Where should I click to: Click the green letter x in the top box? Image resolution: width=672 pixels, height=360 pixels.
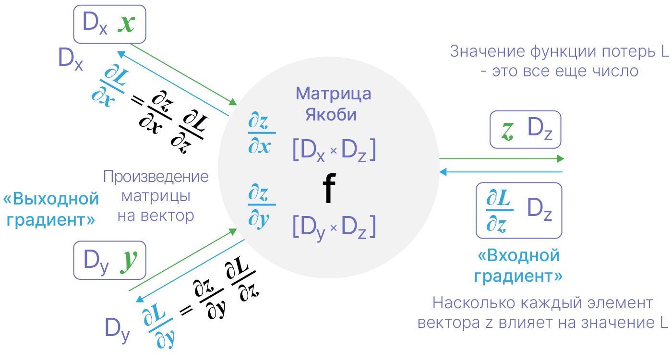click(126, 24)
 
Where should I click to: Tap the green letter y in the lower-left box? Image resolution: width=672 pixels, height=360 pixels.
click(129, 261)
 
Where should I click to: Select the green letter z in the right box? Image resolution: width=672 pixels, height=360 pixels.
click(508, 132)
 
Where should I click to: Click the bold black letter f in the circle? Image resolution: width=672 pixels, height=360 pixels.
click(329, 188)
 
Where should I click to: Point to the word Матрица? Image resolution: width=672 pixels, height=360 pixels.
click(333, 94)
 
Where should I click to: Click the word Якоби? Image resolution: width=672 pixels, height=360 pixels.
click(331, 115)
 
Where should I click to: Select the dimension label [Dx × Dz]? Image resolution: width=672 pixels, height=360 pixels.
click(334, 150)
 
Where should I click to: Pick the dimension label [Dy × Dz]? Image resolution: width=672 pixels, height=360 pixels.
click(334, 228)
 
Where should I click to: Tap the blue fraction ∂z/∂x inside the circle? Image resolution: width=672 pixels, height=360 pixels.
click(262, 132)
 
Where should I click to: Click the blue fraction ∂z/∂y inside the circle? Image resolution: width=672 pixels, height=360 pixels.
click(262, 205)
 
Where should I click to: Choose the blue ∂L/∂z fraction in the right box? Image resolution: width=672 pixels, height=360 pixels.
click(500, 211)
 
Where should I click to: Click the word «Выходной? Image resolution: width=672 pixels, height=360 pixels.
click(51, 199)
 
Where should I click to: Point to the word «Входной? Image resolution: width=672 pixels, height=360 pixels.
click(518, 255)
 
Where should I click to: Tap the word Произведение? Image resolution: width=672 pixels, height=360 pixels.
click(156, 177)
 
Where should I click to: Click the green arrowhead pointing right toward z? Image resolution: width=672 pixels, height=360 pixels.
click(561, 159)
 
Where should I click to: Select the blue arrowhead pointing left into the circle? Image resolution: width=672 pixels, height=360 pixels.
click(443, 172)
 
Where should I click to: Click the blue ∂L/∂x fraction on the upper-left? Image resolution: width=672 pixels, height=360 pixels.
click(109, 87)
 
